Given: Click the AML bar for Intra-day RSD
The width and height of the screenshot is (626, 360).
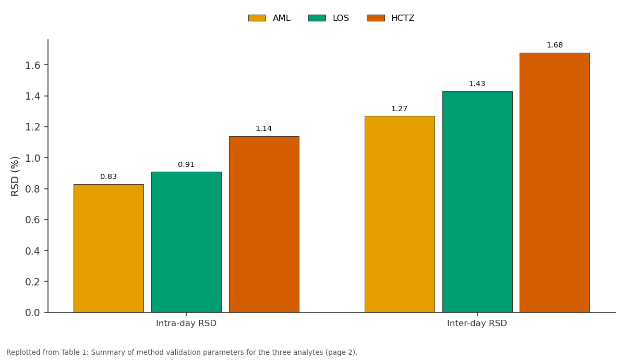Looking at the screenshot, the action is coord(109,248).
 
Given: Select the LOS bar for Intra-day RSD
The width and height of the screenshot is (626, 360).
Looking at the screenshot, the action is coord(186,242).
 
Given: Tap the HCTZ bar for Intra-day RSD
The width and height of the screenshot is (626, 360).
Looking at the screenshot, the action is coord(264,224).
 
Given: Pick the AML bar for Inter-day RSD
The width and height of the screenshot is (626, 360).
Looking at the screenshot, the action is coord(400,214).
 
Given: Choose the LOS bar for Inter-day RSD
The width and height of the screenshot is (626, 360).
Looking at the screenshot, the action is coord(477,202).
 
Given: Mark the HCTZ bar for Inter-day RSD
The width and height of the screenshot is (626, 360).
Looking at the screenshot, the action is coord(555,183).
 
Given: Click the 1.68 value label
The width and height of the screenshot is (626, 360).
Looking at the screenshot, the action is coord(555,45).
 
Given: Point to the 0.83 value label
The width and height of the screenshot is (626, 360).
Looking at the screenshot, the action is coord(109,177).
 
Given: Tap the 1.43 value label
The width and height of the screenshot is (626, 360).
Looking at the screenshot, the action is coord(477,83).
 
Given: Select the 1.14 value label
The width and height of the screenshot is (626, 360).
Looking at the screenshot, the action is coord(263,128).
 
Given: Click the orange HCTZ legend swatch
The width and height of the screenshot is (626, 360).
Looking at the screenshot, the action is coord(376,18).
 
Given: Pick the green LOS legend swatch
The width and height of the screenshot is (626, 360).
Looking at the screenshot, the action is coord(317,18).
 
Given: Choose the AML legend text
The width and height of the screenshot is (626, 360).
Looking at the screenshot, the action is coord(281,18).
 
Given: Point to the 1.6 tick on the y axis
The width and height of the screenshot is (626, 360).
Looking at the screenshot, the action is coord(33,65).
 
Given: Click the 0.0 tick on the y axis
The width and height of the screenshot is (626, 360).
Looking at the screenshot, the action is coord(33,313).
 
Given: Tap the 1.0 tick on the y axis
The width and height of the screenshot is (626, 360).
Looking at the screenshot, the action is coord(33,158).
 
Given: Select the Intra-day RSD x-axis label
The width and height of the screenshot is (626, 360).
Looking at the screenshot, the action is coord(186,323).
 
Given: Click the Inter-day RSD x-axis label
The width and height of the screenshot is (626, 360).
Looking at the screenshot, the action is coord(477,323).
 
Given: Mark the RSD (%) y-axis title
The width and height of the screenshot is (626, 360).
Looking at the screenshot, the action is coord(15,176).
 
